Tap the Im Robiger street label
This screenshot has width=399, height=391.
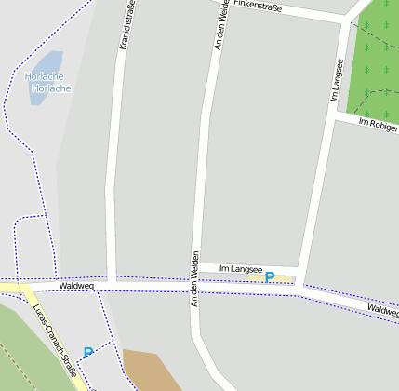click(378, 126)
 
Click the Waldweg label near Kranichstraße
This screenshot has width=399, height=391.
click(76, 286)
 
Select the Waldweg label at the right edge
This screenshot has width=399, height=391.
click(382, 310)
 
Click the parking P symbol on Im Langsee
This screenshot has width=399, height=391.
click(270, 276)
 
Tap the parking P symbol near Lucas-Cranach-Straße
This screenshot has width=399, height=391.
click(88, 353)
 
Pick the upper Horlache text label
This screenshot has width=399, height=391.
click(44, 76)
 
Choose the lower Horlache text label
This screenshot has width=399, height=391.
click(51, 88)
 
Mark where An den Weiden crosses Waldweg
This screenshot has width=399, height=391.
click(194, 287)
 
